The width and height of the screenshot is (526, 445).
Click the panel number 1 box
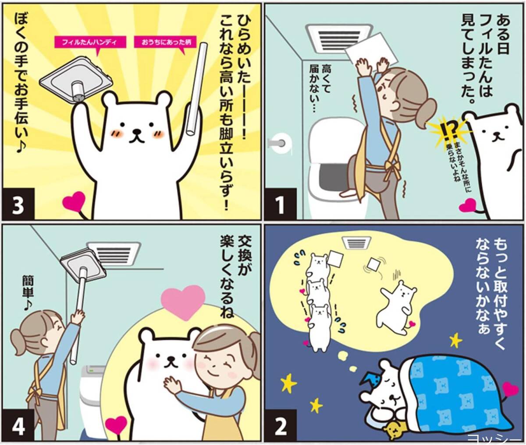coord(280,204)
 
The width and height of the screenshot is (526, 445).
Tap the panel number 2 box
coord(280,426)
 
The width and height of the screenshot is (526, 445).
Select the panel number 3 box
coord(18,204)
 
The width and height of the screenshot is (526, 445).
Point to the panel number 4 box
coord(18,426)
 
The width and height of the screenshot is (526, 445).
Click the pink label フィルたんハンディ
coord(90,42)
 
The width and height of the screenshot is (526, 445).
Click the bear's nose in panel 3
coord(137,131)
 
